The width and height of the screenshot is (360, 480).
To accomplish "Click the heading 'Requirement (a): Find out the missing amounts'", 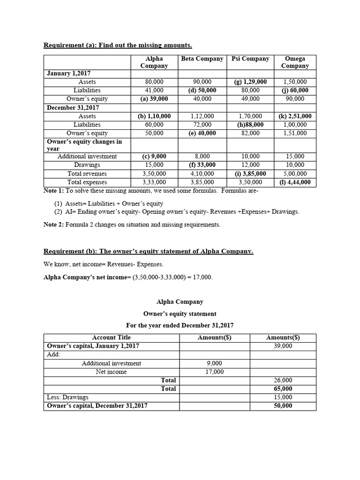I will [x=118, y=45].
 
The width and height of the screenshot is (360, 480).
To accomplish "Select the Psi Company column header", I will [x=250, y=59].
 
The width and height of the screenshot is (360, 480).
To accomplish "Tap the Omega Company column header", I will [x=295, y=62].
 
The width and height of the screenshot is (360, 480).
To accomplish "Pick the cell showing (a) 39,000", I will [x=154, y=99].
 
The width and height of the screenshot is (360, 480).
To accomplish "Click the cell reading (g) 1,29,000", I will [x=250, y=82].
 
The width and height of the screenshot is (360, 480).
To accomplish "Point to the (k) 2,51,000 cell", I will [x=295, y=116].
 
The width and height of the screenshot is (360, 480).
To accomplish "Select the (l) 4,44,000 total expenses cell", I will [x=295, y=182].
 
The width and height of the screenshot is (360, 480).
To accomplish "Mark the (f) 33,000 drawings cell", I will [x=202, y=165].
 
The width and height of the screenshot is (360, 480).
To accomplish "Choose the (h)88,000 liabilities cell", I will [x=250, y=125].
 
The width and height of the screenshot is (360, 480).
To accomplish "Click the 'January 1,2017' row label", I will [x=69, y=74].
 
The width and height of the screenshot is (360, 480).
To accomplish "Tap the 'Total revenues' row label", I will [x=87, y=173].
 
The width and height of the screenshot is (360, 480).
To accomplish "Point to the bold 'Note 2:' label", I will [x=53, y=225].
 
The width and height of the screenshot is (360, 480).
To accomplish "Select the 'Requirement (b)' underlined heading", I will [x=148, y=251].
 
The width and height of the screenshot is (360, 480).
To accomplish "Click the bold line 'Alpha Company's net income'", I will [x=127, y=277].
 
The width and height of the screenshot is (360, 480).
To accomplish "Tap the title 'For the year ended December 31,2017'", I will [x=180, y=325].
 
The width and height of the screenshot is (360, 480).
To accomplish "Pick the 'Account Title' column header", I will [x=111, y=337].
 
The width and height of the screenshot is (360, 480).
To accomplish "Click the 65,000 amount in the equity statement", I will [x=283, y=389].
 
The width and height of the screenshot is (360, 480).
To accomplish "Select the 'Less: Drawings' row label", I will [x=68, y=397].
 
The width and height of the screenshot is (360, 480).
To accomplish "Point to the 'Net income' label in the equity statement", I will [x=111, y=372].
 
